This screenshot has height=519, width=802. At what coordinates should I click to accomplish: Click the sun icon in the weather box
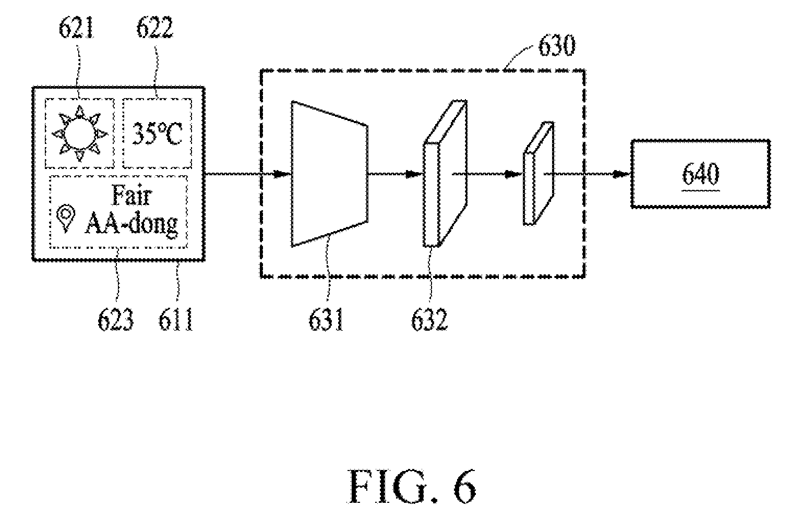click(80, 134)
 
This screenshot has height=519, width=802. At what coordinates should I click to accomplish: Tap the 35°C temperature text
click(157, 134)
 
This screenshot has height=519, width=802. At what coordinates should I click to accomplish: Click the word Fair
click(132, 196)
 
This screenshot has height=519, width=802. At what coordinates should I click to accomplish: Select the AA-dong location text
click(131, 224)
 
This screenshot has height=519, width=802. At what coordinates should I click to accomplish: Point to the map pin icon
click(66, 218)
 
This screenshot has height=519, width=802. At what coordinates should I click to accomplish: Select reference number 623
click(115, 319)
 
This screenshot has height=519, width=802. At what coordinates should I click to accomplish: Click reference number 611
click(176, 319)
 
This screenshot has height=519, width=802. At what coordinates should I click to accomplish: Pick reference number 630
click(557, 46)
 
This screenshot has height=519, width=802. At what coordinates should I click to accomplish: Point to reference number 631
click(326, 319)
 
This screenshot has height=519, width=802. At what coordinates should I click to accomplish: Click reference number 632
click(429, 319)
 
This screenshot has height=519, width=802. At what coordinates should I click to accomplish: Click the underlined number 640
click(700, 174)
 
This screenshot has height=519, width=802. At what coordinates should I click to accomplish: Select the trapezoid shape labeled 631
click(330, 174)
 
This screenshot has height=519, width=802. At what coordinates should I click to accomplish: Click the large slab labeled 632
click(445, 174)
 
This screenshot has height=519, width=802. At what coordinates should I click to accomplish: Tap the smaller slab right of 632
click(538, 174)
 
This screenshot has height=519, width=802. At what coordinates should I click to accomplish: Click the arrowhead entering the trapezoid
click(283, 174)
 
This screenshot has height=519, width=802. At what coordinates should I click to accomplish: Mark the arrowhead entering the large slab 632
click(414, 174)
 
